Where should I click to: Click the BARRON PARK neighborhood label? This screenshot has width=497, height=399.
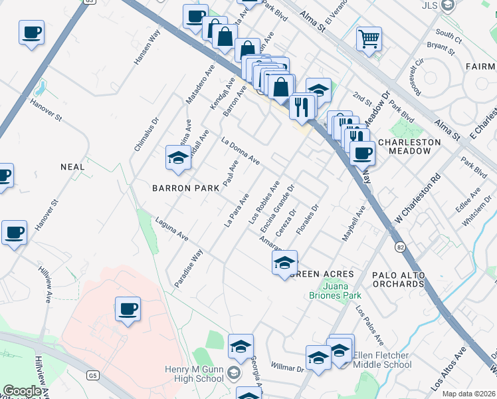click(x=185, y=188)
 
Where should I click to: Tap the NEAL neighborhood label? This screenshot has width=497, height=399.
click(x=72, y=167)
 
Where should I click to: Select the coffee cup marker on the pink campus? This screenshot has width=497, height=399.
click(x=128, y=309)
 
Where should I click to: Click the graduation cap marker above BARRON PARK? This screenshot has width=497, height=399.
click(x=178, y=158)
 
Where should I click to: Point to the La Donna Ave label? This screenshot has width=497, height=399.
click(x=241, y=151)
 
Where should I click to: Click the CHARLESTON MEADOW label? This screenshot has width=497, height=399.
click(x=409, y=147)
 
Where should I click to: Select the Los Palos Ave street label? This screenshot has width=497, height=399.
click(x=369, y=325)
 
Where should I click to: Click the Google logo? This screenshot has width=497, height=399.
click(x=22, y=391)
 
